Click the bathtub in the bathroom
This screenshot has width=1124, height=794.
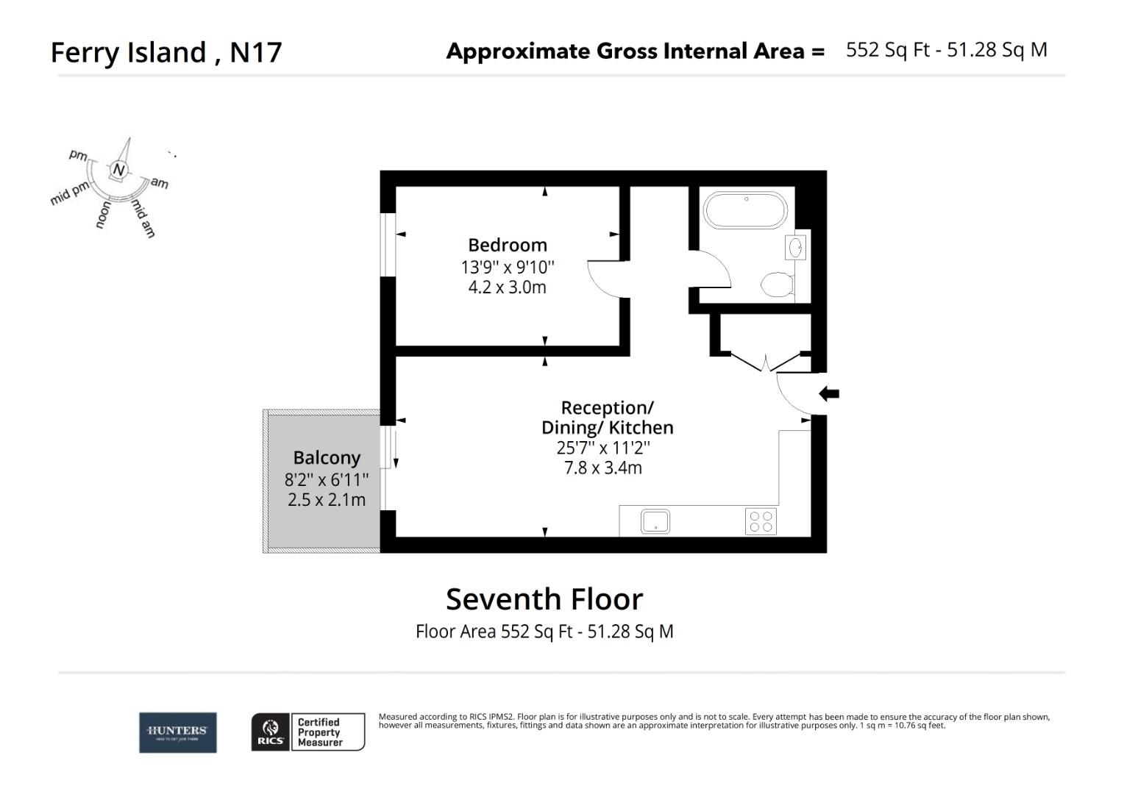click(745, 210)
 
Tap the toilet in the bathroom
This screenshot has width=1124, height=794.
click(777, 285)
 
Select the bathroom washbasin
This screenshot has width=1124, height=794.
click(796, 248)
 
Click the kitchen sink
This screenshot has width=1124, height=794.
click(655, 521)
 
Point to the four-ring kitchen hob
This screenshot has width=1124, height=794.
click(761, 521)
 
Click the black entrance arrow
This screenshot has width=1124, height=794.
click(829, 394)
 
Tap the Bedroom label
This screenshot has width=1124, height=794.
click(508, 245)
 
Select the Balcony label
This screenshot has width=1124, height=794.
click(327, 457)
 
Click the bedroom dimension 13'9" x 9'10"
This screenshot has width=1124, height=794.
click(508, 266)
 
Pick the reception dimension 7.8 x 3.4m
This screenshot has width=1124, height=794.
click(603, 468)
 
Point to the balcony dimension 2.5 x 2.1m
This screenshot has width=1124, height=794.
click(327, 500)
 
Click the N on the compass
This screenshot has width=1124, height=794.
click(118, 170)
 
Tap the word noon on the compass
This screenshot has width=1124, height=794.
click(104, 215)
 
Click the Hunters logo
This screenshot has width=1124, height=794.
click(178, 732)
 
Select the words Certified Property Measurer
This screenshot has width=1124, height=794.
click(319, 732)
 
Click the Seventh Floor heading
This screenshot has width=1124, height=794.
click(544, 599)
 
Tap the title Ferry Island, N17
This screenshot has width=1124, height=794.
click(166, 52)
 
